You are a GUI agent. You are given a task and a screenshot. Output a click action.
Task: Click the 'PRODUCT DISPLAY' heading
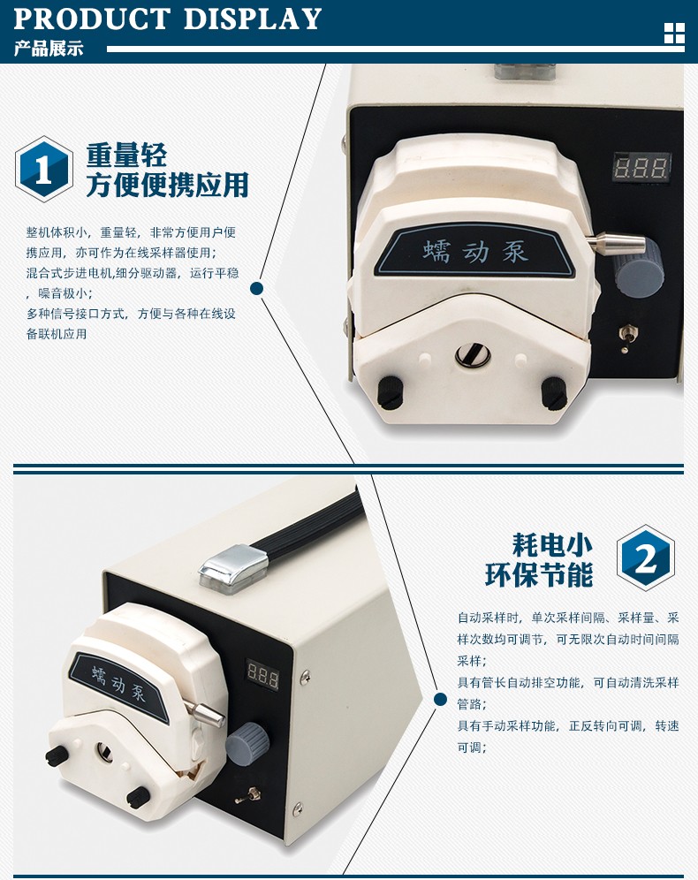pyautogui.click(x=167, y=19)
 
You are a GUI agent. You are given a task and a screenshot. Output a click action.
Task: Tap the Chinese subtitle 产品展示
pyautogui.click(x=49, y=49)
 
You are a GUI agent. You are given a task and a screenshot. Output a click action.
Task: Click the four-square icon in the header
pyautogui.click(x=674, y=34)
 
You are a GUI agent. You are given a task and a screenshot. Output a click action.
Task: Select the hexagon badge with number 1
pyautogui.click(x=44, y=169)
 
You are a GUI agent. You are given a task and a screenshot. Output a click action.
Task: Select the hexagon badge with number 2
pyautogui.click(x=645, y=558)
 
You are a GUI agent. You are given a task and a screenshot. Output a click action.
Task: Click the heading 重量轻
pyautogui.click(x=126, y=155)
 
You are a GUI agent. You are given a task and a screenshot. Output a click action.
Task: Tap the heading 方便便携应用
pyautogui.click(x=167, y=185)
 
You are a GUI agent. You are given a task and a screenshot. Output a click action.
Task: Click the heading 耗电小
pyautogui.click(x=552, y=544)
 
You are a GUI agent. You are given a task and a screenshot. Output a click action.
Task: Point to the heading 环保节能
pyautogui.click(x=539, y=574)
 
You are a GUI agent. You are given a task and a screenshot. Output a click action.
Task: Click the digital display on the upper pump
pyautogui.click(x=641, y=167)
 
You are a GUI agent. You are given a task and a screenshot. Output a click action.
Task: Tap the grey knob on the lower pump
pyautogui.click(x=247, y=742)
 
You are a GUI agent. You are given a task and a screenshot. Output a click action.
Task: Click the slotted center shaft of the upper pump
pyautogui.click(x=473, y=354)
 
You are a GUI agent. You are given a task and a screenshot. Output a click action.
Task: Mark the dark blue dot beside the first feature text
pyautogui.click(x=256, y=288)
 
